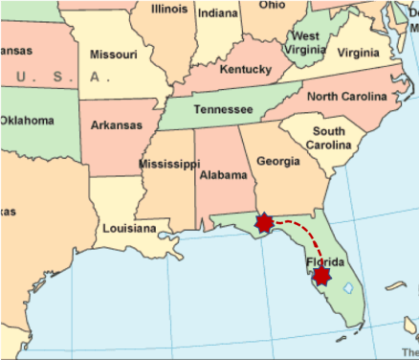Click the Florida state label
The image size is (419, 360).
(324, 261)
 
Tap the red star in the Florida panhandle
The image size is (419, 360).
(265, 224)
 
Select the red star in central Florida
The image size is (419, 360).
(321, 276)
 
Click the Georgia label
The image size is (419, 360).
(277, 161)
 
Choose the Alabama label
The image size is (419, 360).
(222, 175)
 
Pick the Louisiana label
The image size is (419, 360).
(129, 229)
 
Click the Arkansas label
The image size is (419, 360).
(117, 125)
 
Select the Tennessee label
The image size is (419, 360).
(222, 109)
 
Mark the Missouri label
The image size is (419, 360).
(113, 55)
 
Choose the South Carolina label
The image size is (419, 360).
(328, 138)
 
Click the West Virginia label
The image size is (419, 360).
(306, 43)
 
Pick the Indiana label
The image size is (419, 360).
(218, 13)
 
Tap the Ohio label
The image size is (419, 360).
(272, 5)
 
